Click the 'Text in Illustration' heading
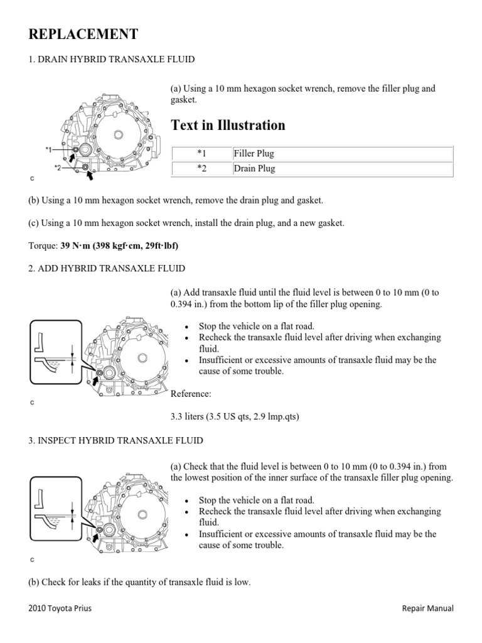pyautogui.click(x=228, y=125)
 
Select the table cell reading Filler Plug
pyautogui.click(x=254, y=153)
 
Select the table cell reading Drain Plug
pyautogui.click(x=254, y=169)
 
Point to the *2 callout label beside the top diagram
pyautogui.click(x=58, y=168)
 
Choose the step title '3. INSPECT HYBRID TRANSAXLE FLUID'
pyautogui.click(x=115, y=441)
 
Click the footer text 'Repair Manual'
pyautogui.click(x=427, y=608)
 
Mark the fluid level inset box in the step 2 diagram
pyautogui.click(x=56, y=352)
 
